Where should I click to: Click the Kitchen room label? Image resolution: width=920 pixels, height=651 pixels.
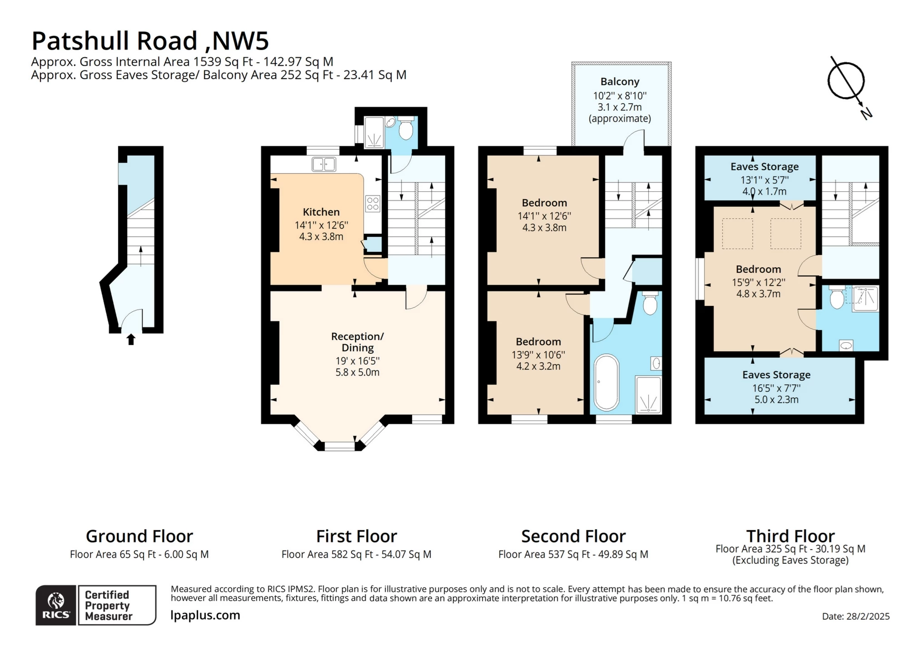(x=321, y=212)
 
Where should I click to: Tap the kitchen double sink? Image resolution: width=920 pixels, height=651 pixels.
(x=324, y=164)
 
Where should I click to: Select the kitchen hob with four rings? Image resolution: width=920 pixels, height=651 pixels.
(x=373, y=204)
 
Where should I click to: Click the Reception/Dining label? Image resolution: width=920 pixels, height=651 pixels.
(x=357, y=342)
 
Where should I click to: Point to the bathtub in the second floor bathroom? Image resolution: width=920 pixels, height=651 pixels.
(x=607, y=382)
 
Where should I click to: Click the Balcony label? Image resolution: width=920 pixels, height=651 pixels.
(x=620, y=82)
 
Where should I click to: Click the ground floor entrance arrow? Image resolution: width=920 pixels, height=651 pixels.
(x=131, y=339)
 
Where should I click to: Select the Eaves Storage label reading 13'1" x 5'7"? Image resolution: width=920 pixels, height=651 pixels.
(x=764, y=167)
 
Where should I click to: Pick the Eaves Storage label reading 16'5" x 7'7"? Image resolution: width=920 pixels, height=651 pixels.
(x=776, y=375)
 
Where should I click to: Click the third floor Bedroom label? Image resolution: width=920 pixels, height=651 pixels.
(x=758, y=269)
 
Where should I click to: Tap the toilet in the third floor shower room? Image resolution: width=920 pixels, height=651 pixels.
(x=837, y=298)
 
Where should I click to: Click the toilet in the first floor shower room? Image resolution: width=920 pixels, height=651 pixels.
(x=405, y=130)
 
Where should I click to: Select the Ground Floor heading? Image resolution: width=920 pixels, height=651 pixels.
(x=139, y=536)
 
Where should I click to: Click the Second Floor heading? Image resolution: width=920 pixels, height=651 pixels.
(x=573, y=536)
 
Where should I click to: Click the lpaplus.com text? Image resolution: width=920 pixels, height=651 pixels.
(x=205, y=615)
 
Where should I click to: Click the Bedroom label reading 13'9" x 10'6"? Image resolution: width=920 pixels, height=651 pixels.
(x=538, y=342)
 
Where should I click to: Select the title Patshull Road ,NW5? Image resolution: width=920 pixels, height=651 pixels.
(x=150, y=41)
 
